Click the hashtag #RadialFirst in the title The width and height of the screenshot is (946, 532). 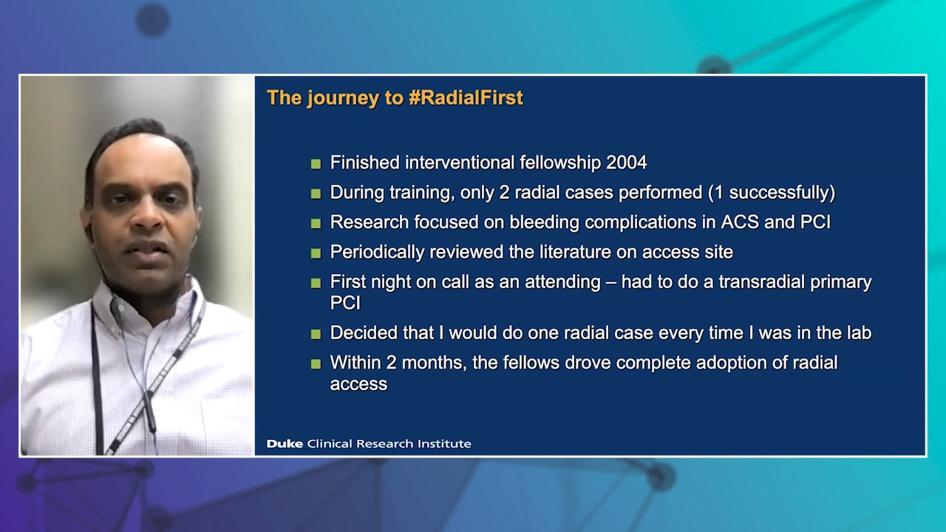(x=466, y=98)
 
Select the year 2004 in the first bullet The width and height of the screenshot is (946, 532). (x=626, y=163)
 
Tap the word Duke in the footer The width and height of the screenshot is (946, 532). (x=285, y=443)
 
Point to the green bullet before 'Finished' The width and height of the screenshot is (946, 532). (x=316, y=164)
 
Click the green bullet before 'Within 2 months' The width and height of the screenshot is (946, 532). (x=316, y=364)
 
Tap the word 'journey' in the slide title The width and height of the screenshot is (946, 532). (x=343, y=98)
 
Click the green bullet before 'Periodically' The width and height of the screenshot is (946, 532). (x=316, y=253)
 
